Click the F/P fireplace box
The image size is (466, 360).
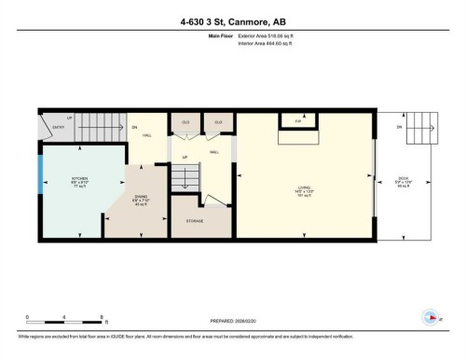click(298, 122)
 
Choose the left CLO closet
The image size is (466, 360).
click(185, 123)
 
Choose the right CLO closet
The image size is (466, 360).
click(218, 123)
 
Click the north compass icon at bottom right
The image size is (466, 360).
click(431, 317)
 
